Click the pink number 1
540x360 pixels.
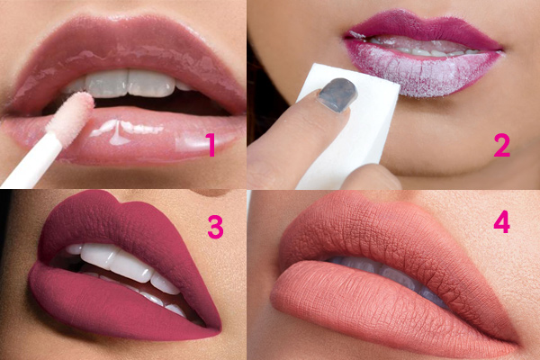(x=211, y=145)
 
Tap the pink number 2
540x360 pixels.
(x=501, y=145)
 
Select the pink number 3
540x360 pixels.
(x=216, y=227)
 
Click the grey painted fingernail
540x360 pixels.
(x=337, y=95)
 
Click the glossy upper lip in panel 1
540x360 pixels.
(x=124, y=51)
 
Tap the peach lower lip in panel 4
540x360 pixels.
(x=362, y=303)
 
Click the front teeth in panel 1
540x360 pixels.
(x=129, y=84)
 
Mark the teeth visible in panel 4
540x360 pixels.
(x=386, y=272)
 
